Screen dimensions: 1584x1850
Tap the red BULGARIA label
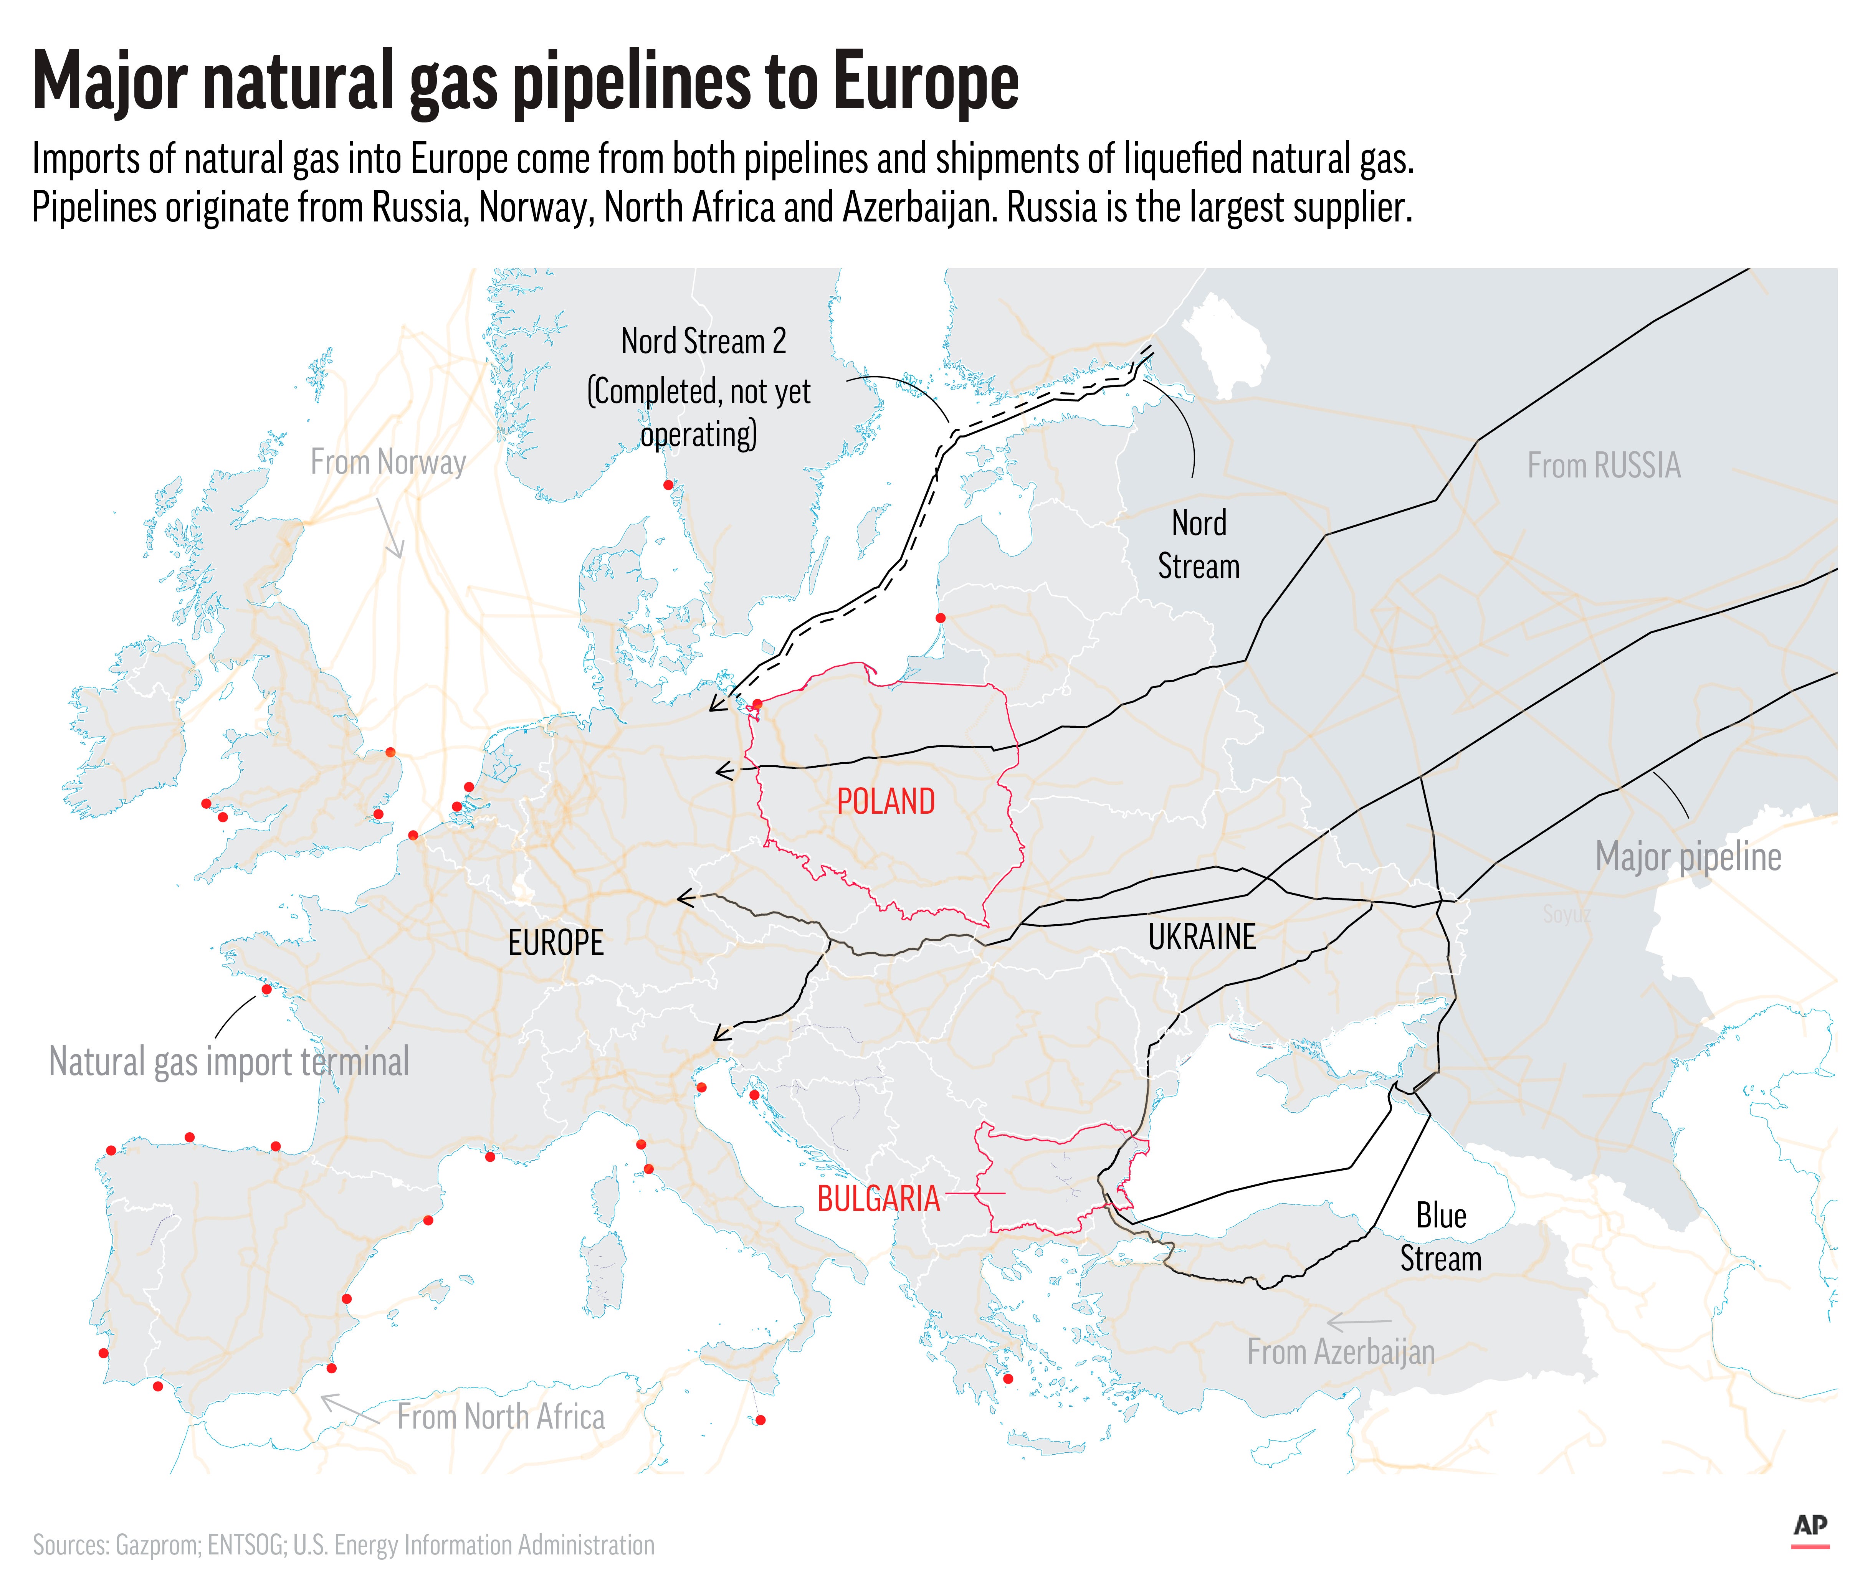pyautogui.click(x=879, y=1198)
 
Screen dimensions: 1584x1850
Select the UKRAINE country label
pyautogui.click(x=1202, y=937)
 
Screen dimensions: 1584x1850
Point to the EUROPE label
pyautogui.click(x=555, y=942)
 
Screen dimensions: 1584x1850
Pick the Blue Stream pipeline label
pyautogui.click(x=1440, y=1237)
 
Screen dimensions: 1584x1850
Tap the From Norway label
pyautogui.click(x=389, y=462)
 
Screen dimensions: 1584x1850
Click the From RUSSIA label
pyautogui.click(x=1604, y=465)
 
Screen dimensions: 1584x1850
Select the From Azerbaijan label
pyautogui.click(x=1340, y=1352)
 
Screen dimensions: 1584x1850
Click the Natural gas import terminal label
pyautogui.click(x=228, y=1062)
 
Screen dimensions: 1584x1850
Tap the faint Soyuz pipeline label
pyautogui.click(x=1566, y=914)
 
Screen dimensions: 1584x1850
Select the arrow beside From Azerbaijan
pyautogui.click(x=1358, y=1321)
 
